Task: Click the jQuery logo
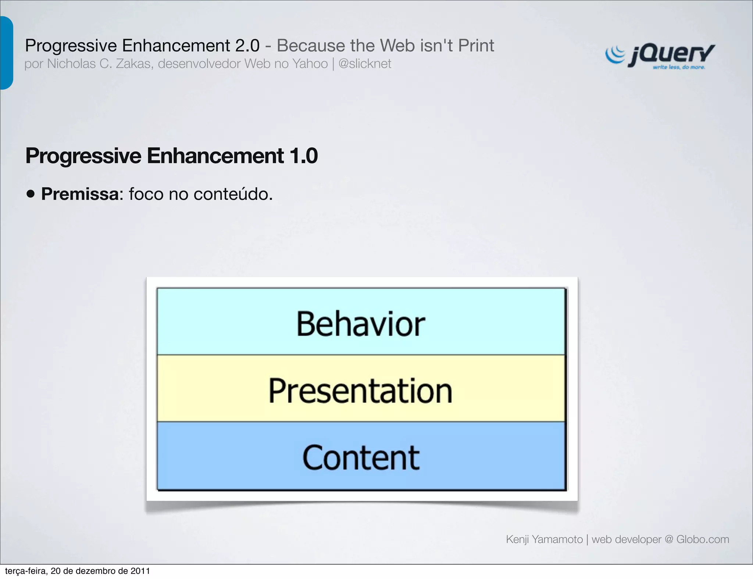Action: tap(660, 56)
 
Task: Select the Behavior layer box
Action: tap(361, 322)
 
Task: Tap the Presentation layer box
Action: tap(361, 389)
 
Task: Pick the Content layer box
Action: tap(361, 456)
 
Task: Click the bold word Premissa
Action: tap(80, 194)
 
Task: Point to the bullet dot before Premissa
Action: tap(31, 194)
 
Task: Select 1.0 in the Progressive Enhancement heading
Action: tap(303, 156)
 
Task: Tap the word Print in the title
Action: tap(476, 46)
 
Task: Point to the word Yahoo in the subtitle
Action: tap(310, 64)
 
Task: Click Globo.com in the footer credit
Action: tap(702, 539)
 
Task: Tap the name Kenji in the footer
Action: tap(518, 539)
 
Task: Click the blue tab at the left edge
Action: tap(6, 53)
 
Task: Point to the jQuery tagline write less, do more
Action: tap(679, 67)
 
